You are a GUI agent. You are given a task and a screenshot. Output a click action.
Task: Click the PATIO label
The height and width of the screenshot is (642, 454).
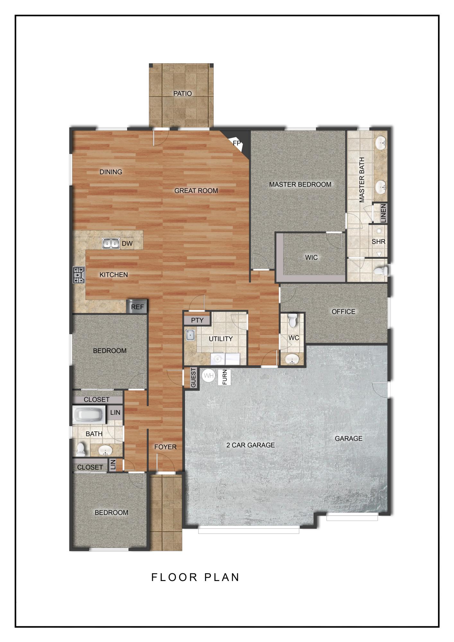182,93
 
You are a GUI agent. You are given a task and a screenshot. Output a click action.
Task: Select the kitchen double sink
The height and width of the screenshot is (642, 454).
111,244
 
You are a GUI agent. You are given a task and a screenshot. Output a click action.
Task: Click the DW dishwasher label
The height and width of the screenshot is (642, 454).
127,244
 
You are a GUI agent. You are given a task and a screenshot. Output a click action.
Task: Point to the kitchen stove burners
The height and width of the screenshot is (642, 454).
79,275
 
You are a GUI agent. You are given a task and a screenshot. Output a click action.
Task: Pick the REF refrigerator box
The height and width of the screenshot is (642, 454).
137,307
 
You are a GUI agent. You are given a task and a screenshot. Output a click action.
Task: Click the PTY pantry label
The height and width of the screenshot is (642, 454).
197,320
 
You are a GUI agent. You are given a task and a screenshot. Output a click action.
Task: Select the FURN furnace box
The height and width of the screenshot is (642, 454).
224,377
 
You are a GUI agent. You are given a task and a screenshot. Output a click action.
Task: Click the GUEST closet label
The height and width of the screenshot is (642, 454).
193,377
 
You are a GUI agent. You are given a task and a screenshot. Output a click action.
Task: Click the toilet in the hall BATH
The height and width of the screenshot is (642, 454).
81,449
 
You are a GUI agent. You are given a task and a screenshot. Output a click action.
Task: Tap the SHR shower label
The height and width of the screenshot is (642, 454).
378,241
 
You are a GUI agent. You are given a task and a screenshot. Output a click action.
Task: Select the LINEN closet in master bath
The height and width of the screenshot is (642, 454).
383,213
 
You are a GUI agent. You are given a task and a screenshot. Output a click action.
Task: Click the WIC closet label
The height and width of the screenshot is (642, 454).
311,257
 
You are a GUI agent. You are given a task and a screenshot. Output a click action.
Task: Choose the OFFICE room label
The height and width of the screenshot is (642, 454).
343,311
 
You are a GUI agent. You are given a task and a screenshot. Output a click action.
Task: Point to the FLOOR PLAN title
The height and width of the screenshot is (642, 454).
195,577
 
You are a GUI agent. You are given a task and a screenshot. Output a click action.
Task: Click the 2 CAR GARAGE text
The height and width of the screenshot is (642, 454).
250,445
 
